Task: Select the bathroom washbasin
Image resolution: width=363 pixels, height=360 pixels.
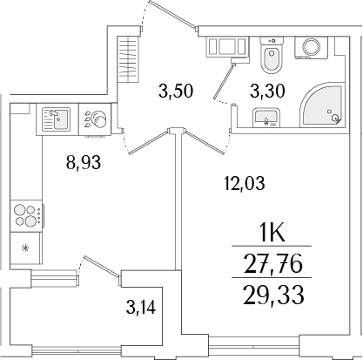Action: click(x=264, y=118)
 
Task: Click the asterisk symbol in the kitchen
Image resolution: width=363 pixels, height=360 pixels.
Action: click(x=24, y=250)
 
